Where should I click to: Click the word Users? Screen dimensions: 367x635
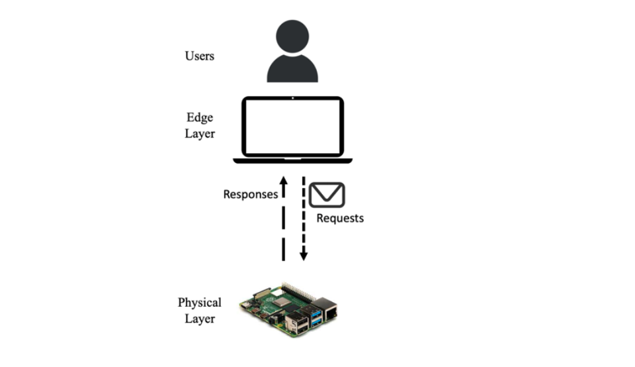(199, 56)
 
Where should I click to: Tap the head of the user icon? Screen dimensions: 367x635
(292, 37)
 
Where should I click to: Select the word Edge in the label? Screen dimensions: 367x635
(199, 118)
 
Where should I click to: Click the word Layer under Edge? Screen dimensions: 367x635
(199, 133)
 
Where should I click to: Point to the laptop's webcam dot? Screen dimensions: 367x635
(292, 99)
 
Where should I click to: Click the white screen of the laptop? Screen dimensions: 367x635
(292, 127)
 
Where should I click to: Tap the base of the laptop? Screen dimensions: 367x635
(292, 160)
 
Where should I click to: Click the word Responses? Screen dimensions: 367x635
(250, 195)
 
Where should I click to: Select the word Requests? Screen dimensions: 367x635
(340, 218)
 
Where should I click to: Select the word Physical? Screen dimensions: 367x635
(199, 303)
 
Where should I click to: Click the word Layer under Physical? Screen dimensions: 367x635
(199, 319)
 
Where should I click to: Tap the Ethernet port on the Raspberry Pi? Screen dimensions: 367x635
(327, 309)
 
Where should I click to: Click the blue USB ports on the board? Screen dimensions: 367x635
(315, 315)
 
